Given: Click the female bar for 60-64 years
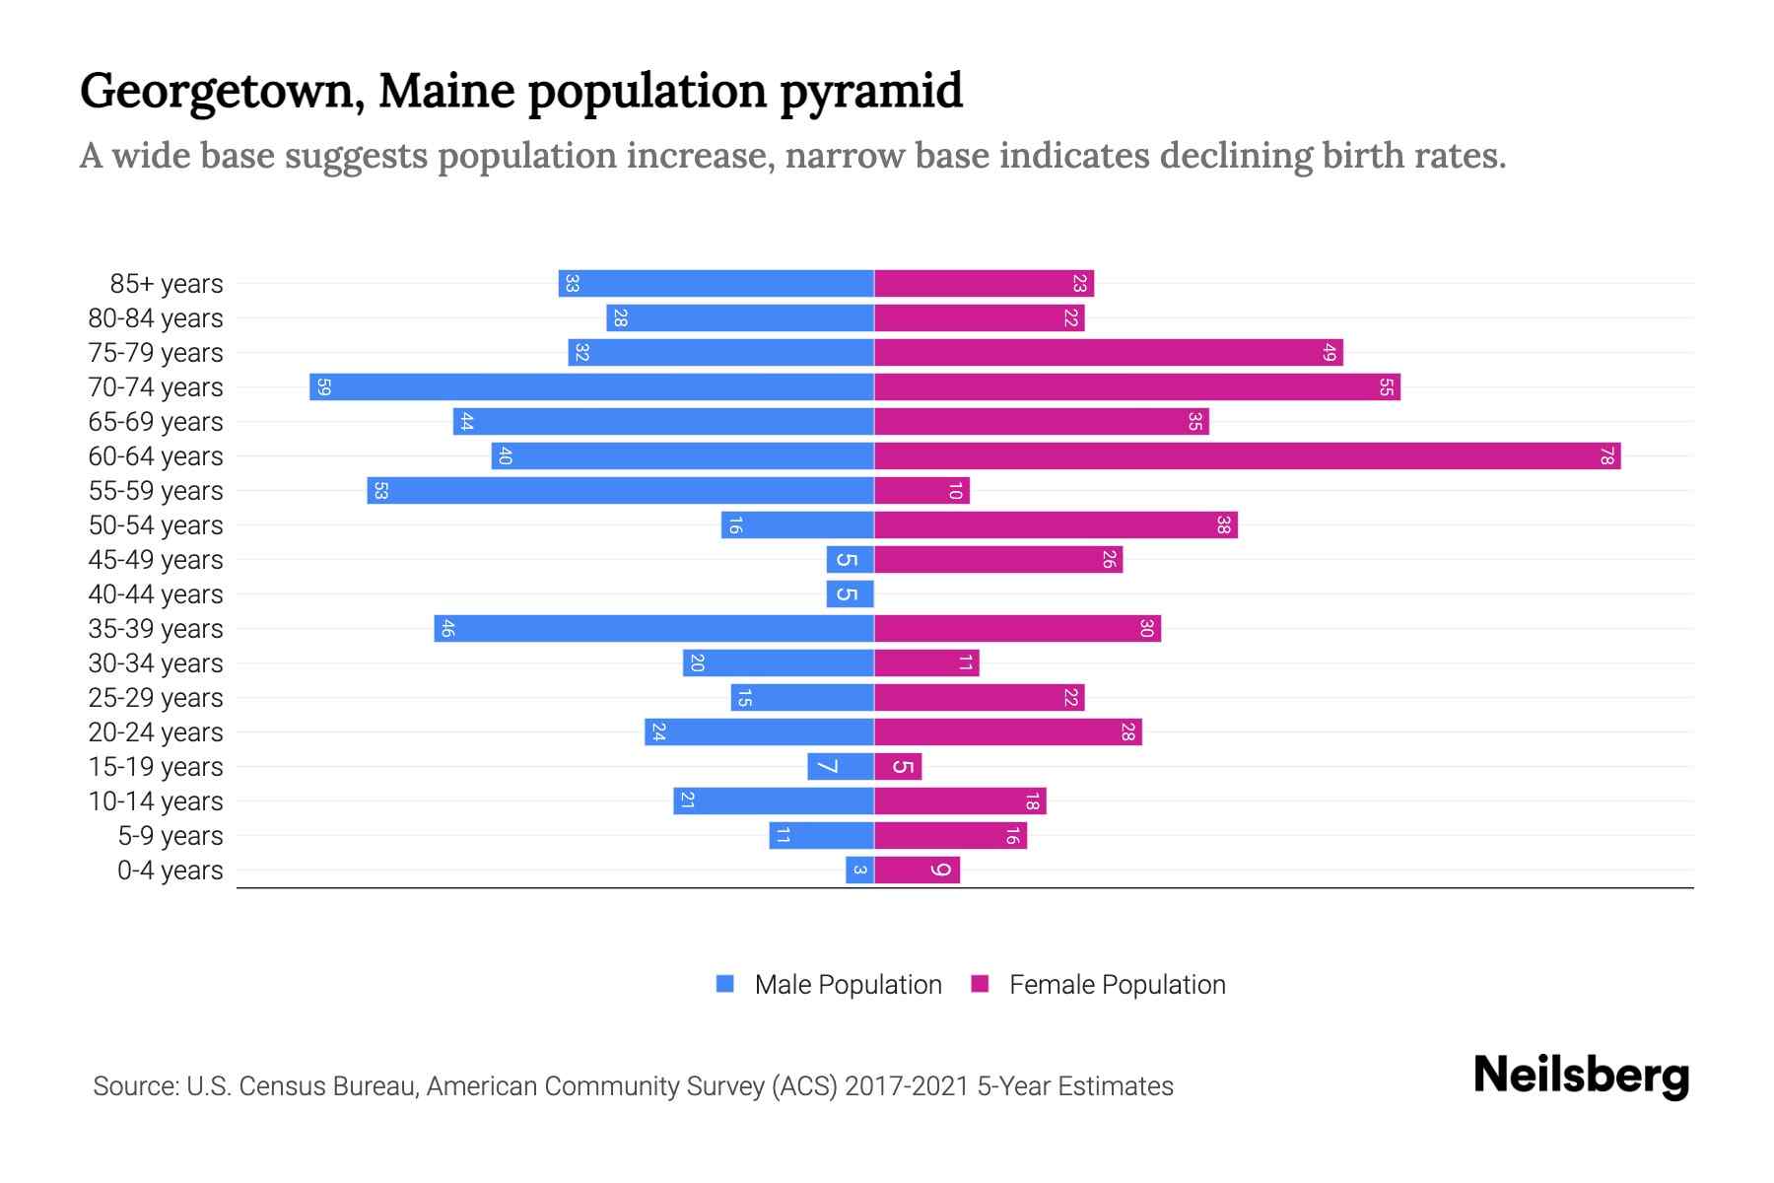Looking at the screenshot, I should (1247, 456).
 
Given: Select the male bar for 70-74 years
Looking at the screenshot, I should (591, 387).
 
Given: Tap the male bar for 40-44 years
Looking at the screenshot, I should (850, 594).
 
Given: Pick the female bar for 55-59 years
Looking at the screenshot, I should (921, 491).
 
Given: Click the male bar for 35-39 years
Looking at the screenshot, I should (653, 629).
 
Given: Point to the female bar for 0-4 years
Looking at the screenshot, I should (917, 870).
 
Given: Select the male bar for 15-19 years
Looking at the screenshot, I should (841, 767).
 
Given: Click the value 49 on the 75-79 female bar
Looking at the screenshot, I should (1329, 353).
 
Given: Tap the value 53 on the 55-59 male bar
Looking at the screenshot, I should (380, 491).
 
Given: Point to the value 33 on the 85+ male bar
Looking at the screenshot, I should (572, 284).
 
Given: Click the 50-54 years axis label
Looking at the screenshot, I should (156, 525).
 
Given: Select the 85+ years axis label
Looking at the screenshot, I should (167, 284).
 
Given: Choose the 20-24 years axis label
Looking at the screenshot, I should (156, 732).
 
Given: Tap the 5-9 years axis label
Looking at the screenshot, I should (171, 836).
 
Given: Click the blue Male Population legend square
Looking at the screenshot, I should (725, 984).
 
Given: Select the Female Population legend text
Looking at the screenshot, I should (1117, 985).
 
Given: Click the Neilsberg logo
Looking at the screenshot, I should (1581, 1076).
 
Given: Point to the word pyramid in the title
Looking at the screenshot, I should (871, 92).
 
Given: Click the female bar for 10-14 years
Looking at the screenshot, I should (960, 801).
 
